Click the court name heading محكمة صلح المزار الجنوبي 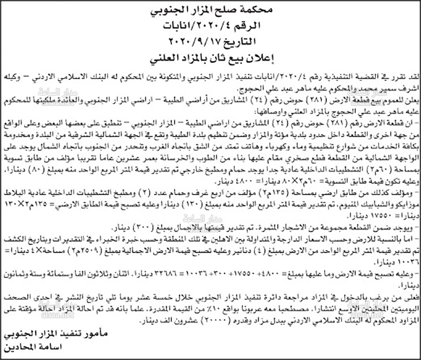pyautogui.click(x=210, y=9)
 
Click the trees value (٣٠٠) pyautogui.click(x=140, y=228)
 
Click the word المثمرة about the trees pyautogui.click(x=266, y=228)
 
